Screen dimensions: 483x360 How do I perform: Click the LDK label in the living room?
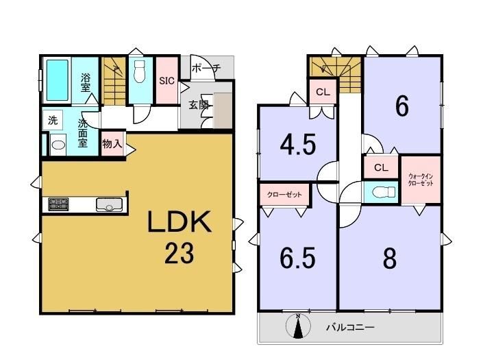click(x=179, y=221)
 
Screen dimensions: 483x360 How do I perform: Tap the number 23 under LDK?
click(x=179, y=253)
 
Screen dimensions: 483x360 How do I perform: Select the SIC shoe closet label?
click(x=166, y=81)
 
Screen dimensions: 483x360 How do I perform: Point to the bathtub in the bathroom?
click(x=58, y=80)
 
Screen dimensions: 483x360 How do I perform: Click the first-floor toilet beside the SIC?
click(x=140, y=71)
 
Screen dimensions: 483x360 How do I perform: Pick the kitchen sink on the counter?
click(x=109, y=204)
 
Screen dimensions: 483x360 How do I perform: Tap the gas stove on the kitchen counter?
click(x=58, y=204)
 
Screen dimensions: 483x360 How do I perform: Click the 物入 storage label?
click(x=112, y=143)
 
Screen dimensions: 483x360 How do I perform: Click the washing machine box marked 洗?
click(x=53, y=120)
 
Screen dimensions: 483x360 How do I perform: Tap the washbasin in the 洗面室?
click(x=58, y=145)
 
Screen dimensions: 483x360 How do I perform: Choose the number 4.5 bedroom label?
click(x=298, y=144)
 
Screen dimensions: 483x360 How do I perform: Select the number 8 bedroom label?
click(x=390, y=258)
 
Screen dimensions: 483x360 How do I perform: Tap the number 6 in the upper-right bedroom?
click(x=402, y=106)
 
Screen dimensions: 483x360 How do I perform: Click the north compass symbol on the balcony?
click(x=298, y=326)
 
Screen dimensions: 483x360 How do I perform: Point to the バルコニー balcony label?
click(x=351, y=326)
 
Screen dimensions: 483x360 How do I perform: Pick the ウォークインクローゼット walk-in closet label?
click(x=421, y=180)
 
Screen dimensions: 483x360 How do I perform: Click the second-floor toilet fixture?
click(x=384, y=192)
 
